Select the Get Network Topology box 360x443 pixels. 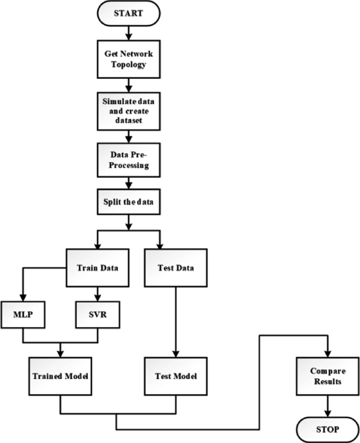coord(128,59)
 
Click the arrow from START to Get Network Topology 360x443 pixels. coord(128,34)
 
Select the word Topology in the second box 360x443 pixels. coord(128,64)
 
